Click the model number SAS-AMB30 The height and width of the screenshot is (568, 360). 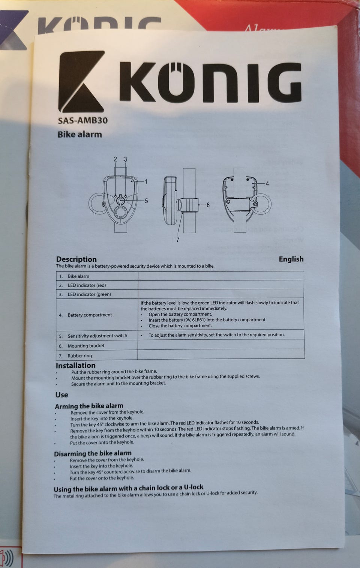[83, 120]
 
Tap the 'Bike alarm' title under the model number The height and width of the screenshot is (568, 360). [79, 134]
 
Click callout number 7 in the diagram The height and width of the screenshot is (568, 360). [178, 240]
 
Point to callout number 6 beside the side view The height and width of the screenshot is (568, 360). [208, 205]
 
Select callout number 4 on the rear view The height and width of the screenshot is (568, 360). [267, 183]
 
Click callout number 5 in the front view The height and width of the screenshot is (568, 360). [146, 201]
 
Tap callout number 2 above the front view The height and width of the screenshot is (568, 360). [115, 159]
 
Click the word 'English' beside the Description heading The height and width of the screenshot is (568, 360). [291, 259]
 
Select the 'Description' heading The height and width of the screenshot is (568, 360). [76, 259]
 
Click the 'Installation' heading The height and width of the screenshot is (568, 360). [76, 366]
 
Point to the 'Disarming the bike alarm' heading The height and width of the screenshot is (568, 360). [93, 453]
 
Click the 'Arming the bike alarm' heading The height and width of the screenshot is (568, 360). [89, 406]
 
